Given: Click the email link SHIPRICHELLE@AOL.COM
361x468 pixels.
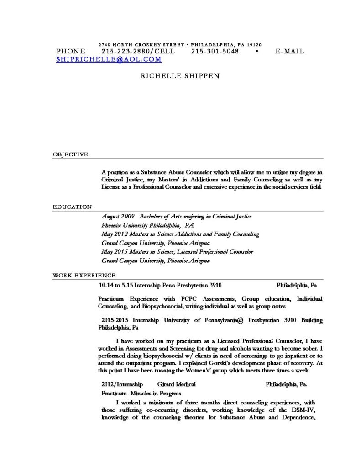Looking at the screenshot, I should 109,59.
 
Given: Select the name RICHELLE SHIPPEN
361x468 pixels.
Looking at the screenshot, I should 180,76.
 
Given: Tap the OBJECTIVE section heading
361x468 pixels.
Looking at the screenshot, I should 70,154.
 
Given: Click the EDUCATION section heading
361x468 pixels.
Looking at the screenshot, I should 72,207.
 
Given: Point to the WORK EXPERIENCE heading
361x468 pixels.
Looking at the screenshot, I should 84,276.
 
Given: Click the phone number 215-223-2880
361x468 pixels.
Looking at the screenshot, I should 122,51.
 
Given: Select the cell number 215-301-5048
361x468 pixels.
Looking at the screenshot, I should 215,51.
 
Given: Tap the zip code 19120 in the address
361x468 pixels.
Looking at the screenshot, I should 254,45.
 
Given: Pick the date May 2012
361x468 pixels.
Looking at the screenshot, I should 114,234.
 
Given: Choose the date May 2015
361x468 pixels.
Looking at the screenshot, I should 114,252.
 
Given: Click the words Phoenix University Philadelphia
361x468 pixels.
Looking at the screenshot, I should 141,225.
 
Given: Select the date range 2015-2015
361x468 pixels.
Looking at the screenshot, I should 115,320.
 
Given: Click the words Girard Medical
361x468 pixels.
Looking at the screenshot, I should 176,384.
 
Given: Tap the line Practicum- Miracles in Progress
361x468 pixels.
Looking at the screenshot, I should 141,393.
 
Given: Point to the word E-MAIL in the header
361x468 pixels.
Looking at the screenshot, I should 290,51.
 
